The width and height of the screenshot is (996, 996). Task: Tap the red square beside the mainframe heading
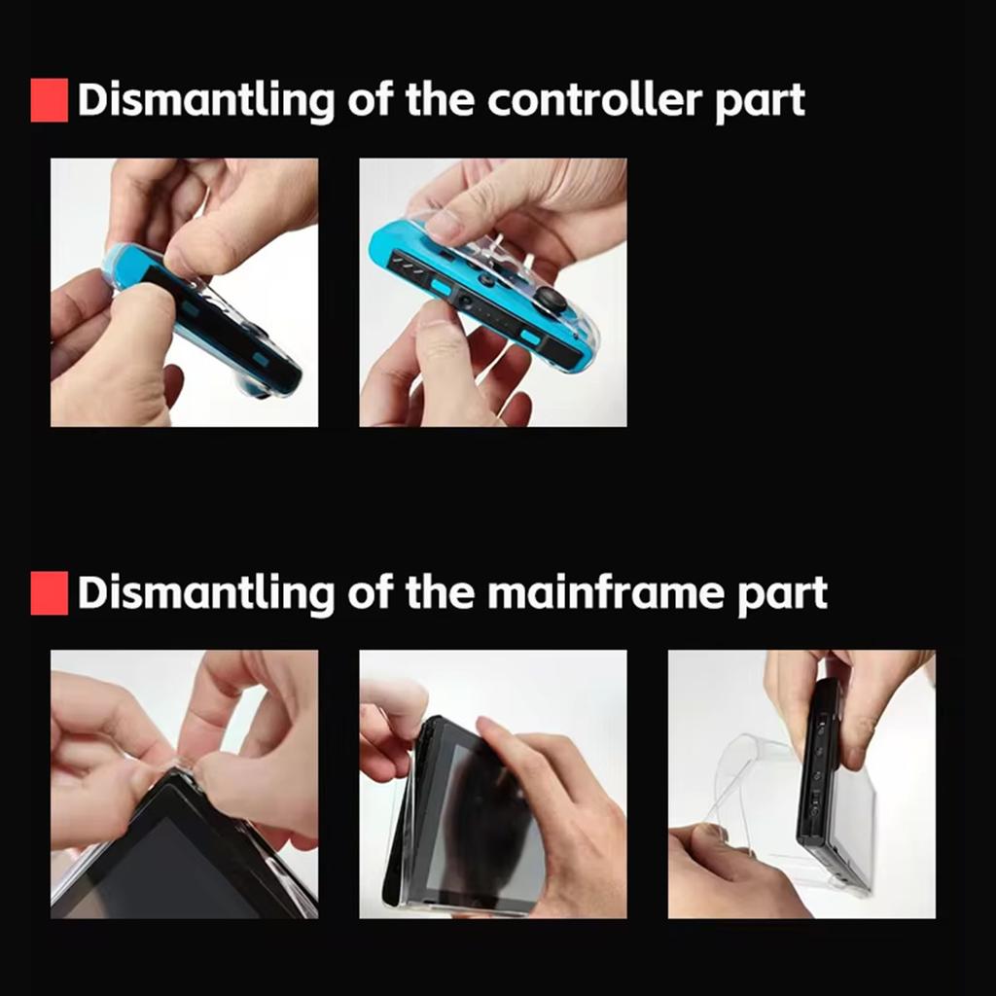(x=49, y=593)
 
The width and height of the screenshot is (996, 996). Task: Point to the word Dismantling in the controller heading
(x=205, y=101)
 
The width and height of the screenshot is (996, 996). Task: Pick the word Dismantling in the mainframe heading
(x=205, y=593)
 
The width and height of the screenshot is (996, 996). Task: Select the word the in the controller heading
(x=443, y=100)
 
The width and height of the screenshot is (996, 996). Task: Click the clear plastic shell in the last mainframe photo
(x=749, y=788)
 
